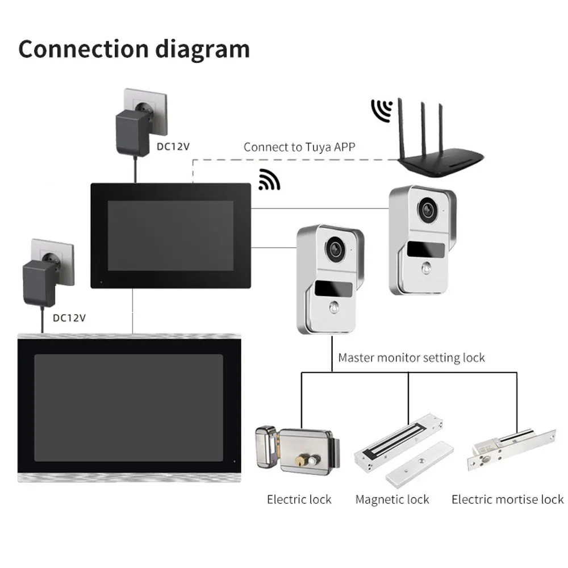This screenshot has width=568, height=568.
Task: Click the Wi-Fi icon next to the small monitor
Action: click(x=269, y=179)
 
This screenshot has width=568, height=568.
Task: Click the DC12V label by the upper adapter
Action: click(x=173, y=145)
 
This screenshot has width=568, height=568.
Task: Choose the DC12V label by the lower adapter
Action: click(x=69, y=318)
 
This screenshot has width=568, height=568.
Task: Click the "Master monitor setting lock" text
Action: click(x=412, y=358)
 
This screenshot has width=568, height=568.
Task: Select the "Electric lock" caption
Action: click(x=299, y=500)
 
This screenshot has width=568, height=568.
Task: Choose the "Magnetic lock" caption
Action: click(x=392, y=500)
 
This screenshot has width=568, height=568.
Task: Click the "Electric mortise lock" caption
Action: click(x=507, y=500)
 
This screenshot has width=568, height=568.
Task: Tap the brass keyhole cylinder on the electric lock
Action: click(x=310, y=457)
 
